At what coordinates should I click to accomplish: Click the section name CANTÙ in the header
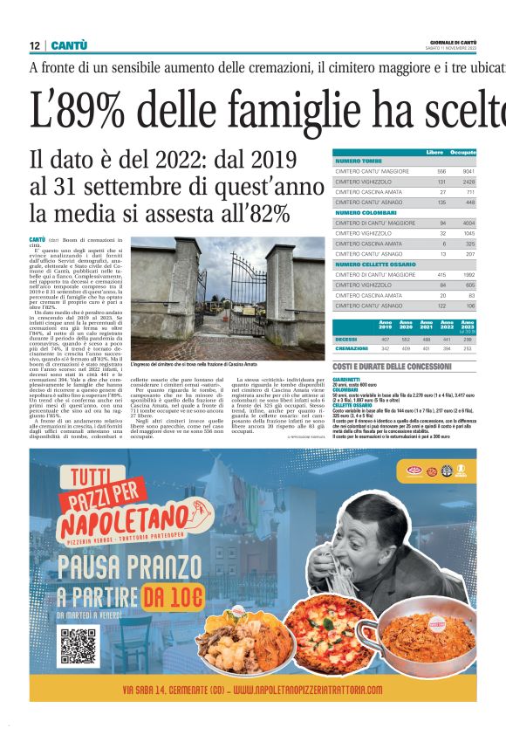click(x=69, y=45)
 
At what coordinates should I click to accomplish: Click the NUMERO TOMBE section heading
click(x=359, y=161)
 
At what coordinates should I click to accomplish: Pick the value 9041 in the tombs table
click(x=468, y=171)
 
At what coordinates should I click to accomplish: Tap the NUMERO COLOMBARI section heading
click(x=366, y=212)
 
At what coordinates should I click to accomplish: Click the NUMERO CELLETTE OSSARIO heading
click(x=376, y=264)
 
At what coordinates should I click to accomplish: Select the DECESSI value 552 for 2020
click(x=404, y=338)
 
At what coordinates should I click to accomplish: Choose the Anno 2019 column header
click(x=385, y=326)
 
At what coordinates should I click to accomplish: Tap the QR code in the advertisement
click(x=77, y=644)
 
